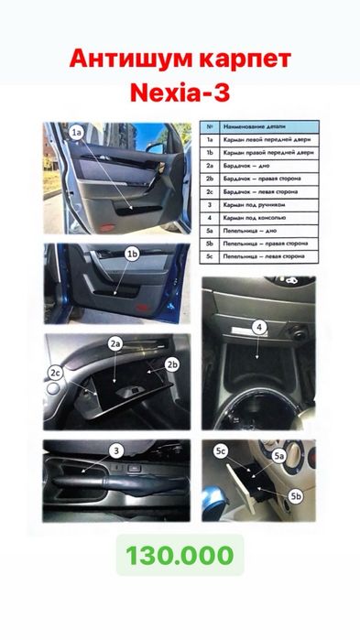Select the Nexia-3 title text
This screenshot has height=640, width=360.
coord(180,93)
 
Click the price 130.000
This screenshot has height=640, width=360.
coord(180,556)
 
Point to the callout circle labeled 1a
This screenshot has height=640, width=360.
coord(78,133)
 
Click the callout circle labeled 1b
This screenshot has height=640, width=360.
coord(132,253)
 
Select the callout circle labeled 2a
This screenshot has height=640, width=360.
coord(116,343)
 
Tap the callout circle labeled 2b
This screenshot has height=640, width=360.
coord(171,363)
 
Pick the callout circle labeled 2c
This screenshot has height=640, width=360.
coord(55,372)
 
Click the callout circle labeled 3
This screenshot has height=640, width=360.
coord(116,450)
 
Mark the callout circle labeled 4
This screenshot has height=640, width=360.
coord(259,326)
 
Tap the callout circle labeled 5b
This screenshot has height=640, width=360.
coord(295,496)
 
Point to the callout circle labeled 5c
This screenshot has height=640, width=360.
coord(220,451)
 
